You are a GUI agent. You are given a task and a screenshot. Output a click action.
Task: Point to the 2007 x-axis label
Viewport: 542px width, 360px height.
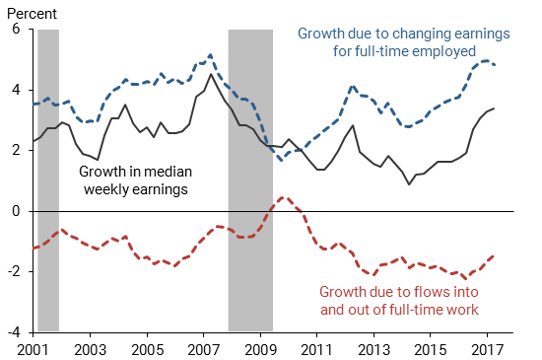click(x=203, y=349)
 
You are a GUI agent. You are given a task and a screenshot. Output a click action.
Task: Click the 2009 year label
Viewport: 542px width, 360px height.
click(x=260, y=349)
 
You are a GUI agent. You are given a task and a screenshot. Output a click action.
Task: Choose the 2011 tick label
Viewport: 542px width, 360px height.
click(x=317, y=349)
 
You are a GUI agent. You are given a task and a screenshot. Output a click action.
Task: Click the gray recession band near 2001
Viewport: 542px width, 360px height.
click(x=47, y=178)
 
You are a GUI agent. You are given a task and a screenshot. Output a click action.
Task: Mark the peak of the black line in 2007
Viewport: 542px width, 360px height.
click(x=211, y=74)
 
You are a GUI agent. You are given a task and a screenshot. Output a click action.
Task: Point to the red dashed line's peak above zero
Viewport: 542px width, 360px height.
click(x=283, y=197)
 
